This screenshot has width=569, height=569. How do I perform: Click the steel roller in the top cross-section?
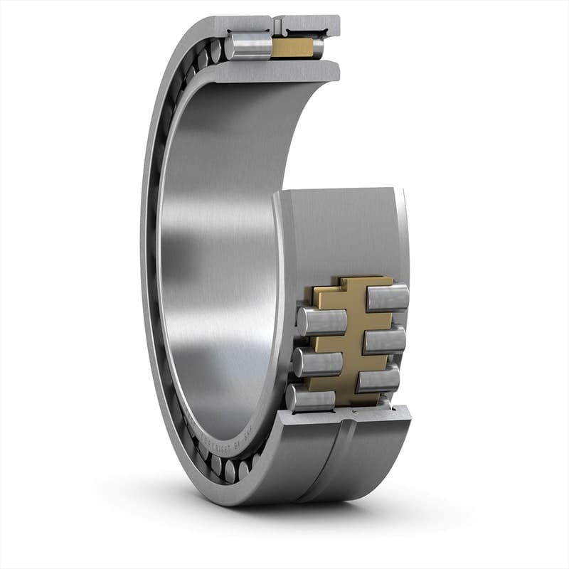tap(248, 48)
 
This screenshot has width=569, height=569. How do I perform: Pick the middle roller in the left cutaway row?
tap(317, 363)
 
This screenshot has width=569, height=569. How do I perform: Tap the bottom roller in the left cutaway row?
tap(311, 398)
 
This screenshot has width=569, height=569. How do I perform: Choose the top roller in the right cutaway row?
tap(388, 297)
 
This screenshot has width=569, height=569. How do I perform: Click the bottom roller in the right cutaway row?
tap(378, 378)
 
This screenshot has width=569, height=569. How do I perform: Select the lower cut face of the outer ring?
tap(341, 416)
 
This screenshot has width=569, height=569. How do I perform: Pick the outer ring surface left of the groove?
tap(306, 462)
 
